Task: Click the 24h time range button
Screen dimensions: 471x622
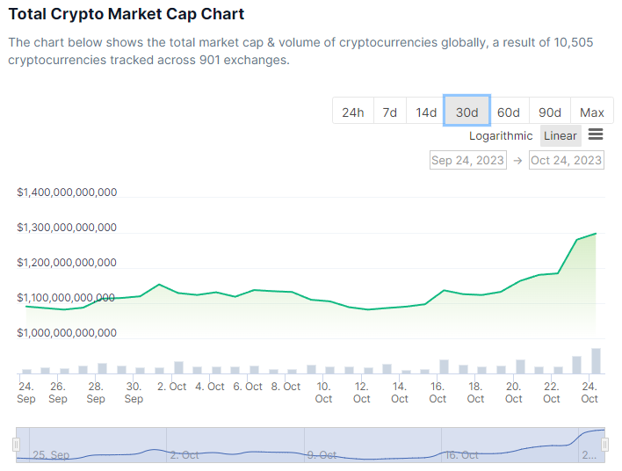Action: pyautogui.click(x=352, y=112)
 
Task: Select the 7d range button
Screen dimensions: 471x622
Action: pyautogui.click(x=389, y=112)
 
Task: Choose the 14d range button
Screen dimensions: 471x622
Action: pyautogui.click(x=426, y=112)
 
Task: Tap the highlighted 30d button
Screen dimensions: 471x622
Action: pyautogui.click(x=466, y=112)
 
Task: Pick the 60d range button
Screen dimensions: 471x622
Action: pyautogui.click(x=508, y=112)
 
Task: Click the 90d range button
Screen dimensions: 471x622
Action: pyautogui.click(x=550, y=112)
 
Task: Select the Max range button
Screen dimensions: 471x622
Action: pyautogui.click(x=591, y=112)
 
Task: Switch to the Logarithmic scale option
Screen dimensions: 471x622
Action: pyautogui.click(x=501, y=135)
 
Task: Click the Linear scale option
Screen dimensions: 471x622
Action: pyautogui.click(x=561, y=135)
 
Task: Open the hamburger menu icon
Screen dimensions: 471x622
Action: pyautogui.click(x=596, y=134)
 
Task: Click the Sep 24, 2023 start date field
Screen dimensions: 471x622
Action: pyautogui.click(x=467, y=160)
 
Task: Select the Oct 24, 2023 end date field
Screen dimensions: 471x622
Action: pyautogui.click(x=566, y=160)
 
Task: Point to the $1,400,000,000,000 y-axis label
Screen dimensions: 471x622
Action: pyautogui.click(x=67, y=192)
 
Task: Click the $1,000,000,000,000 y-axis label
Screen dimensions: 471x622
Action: pyautogui.click(x=67, y=333)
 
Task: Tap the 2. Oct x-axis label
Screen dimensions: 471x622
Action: pyautogui.click(x=171, y=387)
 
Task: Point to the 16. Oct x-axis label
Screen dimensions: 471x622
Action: pyautogui.click(x=438, y=392)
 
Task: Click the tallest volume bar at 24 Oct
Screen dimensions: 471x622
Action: pyautogui.click(x=596, y=361)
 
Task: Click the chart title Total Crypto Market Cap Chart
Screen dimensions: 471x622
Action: pyautogui.click(x=127, y=14)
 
